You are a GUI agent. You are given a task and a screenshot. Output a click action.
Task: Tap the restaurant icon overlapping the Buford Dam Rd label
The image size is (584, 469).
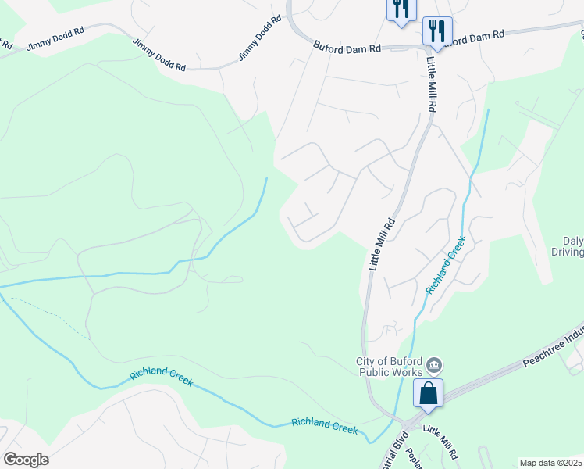[437, 32]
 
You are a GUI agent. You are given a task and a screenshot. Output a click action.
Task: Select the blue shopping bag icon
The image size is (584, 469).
[429, 393]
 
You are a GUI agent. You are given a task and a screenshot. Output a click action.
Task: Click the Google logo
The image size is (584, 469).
[26, 460]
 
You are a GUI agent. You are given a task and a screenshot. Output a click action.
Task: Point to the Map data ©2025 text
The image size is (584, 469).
[551, 463]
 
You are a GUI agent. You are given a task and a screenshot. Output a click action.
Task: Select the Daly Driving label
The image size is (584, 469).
[573, 247]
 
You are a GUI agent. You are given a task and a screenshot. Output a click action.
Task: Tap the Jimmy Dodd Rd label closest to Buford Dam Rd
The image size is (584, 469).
[258, 38]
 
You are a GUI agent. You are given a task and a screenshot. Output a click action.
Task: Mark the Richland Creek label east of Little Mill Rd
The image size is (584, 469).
[445, 265]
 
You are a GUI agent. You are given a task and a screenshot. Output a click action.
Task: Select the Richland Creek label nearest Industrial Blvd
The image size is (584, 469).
[324, 426]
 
